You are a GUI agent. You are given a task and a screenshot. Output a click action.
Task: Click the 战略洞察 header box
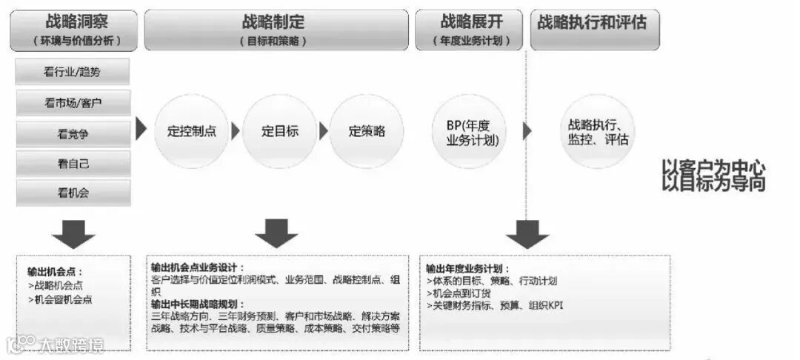click(75, 30)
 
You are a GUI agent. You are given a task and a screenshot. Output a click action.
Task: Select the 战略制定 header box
click(276, 30)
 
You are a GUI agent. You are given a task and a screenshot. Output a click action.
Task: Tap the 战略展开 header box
click(468, 30)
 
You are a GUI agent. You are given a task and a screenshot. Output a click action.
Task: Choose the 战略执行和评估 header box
click(595, 30)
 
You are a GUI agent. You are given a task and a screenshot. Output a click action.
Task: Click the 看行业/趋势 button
click(73, 72)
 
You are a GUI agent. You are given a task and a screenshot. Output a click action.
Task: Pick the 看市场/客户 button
click(73, 103)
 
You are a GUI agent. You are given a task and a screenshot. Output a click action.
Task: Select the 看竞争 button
click(73, 134)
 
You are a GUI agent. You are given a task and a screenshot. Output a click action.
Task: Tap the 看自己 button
click(73, 164)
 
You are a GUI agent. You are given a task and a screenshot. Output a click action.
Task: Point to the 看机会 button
click(73, 193)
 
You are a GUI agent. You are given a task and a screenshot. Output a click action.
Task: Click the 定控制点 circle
click(191, 131)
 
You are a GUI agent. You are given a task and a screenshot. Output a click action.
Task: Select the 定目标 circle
click(279, 131)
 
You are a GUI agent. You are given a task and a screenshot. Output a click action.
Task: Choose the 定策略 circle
click(366, 131)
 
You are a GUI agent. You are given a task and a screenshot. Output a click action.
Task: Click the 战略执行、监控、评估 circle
click(598, 131)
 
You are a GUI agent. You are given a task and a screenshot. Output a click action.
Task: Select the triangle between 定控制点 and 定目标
click(236, 131)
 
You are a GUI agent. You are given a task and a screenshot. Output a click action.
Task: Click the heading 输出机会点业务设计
click(197, 267)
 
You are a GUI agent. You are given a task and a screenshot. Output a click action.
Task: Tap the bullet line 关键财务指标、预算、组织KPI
click(494, 304)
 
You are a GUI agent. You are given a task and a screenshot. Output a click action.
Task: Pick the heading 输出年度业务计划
click(467, 268)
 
